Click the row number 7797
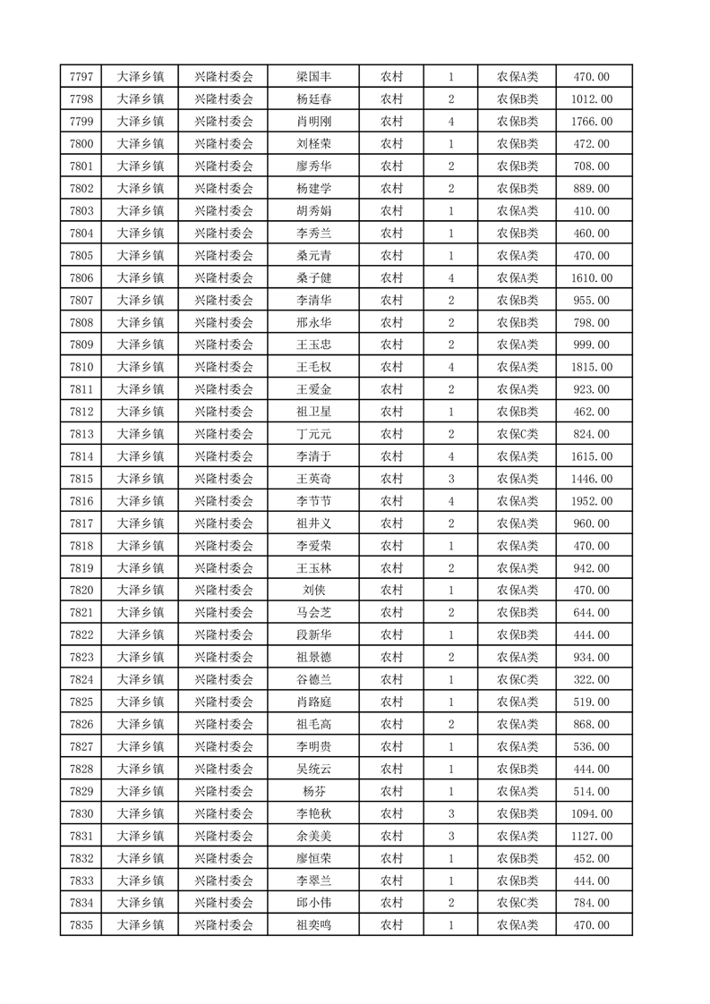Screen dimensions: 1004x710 click(81, 77)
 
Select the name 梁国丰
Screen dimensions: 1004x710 click(313, 77)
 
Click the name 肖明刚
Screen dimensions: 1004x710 click(313, 122)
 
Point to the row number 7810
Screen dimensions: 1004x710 click(81, 367)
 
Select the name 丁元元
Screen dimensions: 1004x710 click(313, 434)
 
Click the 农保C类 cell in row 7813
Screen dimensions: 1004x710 click(518, 434)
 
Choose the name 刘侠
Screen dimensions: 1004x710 click(313, 591)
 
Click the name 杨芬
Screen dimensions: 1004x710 click(313, 791)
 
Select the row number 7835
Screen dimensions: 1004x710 click(81, 925)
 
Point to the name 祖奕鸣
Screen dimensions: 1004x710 click(313, 925)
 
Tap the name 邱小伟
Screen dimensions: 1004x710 click(313, 903)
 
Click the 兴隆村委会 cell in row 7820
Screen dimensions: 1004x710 click(224, 591)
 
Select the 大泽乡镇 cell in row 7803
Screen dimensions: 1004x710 click(141, 211)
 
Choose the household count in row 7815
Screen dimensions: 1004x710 click(450, 479)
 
